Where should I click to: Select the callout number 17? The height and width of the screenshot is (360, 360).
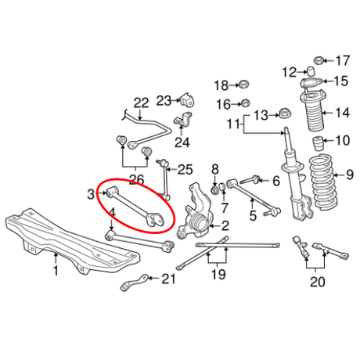pyautogui.click(x=343, y=60)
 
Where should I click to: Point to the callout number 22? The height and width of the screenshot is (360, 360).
pyautogui.click(x=141, y=102)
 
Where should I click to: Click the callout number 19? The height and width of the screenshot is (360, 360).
pyautogui.click(x=218, y=275)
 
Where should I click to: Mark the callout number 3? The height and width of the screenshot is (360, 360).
pyautogui.click(x=91, y=193)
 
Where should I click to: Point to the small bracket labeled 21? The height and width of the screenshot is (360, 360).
pyautogui.click(x=135, y=283)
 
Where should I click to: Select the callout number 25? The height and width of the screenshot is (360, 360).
pyautogui.click(x=185, y=168)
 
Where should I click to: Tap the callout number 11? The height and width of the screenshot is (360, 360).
pyautogui.click(x=232, y=124)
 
